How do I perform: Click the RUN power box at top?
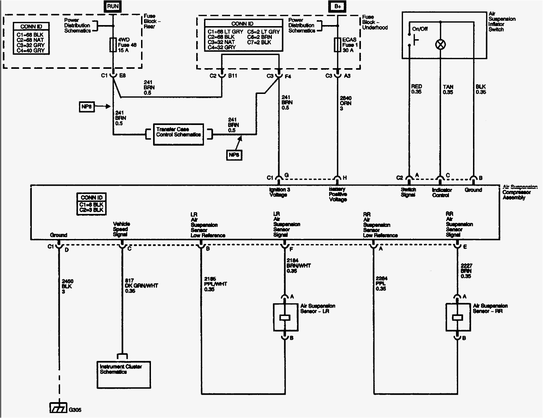(x=113, y=6)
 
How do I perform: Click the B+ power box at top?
(x=337, y=6)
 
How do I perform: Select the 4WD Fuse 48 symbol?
(x=113, y=45)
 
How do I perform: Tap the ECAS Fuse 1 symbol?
(x=337, y=45)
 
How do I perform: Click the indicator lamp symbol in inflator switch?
(x=440, y=44)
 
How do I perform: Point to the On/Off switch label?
(x=420, y=29)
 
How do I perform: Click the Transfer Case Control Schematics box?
(x=178, y=134)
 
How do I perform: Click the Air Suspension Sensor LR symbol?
(x=285, y=317)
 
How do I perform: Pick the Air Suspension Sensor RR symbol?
(x=457, y=317)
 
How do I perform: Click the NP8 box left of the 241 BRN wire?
(x=87, y=106)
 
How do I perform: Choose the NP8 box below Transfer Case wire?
(x=234, y=155)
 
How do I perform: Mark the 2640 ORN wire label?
(x=345, y=103)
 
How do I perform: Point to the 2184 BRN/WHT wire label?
(x=298, y=266)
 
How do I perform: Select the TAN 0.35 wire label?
(x=448, y=89)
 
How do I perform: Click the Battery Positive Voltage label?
(x=338, y=195)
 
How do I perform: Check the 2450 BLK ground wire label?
(x=67, y=286)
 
